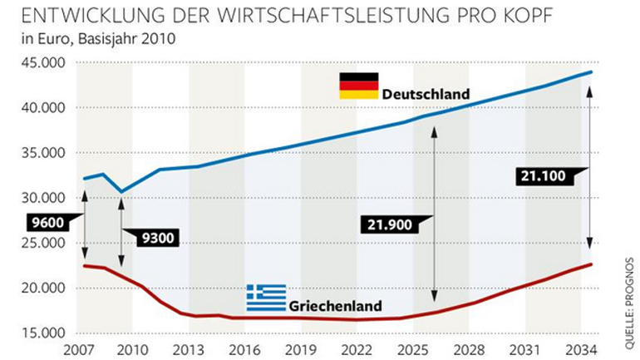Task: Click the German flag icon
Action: pyautogui.click(x=358, y=86)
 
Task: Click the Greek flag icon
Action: pyautogui.click(x=266, y=297)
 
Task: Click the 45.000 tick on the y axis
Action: pyautogui.click(x=42, y=63)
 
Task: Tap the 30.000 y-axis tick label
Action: pyautogui.click(x=42, y=198)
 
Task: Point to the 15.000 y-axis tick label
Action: pyautogui.click(x=42, y=333)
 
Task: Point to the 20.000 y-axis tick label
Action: pyautogui.click(x=42, y=288)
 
